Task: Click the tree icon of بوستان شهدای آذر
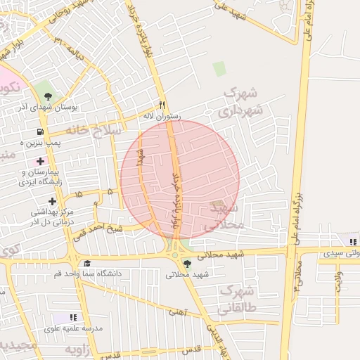48,96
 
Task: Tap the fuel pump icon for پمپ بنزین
39,131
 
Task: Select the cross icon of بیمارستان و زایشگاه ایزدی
41,161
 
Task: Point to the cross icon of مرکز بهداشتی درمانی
52,201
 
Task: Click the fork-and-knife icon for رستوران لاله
162,103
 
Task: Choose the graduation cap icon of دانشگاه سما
86,263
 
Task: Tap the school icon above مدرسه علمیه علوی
75,318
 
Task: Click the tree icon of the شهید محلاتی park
186,264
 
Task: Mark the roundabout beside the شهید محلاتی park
174,255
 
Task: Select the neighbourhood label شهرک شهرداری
240,103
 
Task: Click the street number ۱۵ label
77,193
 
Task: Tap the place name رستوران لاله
162,115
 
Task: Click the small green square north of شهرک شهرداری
219,69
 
